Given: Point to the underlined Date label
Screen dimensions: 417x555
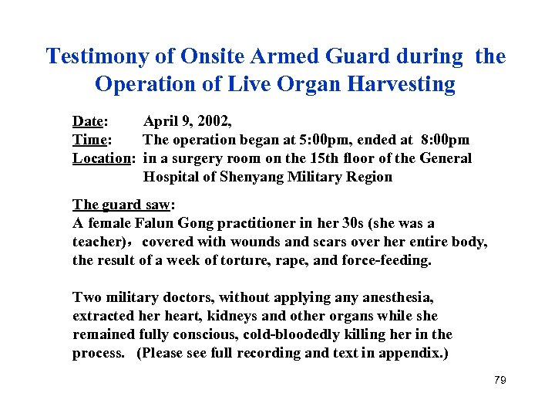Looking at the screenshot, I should coord(89,121).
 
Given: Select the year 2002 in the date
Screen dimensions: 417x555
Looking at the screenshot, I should coord(213,121).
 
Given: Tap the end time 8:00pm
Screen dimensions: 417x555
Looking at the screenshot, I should coord(446,140).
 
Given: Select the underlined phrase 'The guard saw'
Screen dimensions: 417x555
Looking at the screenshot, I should coord(123,205).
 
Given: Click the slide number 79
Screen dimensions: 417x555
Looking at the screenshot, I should coord(499,381).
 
